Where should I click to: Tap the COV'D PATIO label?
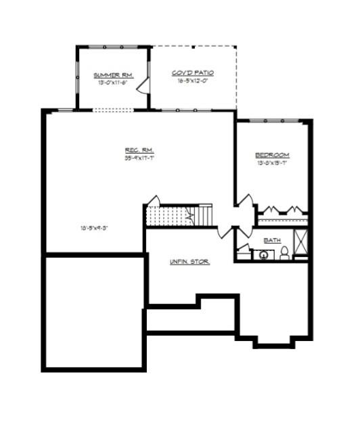(193, 72)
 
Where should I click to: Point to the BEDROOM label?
(272, 155)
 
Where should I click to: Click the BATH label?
(272, 240)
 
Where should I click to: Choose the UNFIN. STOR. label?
(189, 261)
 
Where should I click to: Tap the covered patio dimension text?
(193, 80)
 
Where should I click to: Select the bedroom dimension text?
(272, 163)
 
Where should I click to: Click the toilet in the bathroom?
(284, 253)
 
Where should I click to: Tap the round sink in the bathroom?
(261, 255)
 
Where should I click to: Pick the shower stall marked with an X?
(301, 240)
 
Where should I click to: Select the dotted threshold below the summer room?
(112, 110)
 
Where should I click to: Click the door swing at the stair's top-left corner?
(154, 202)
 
